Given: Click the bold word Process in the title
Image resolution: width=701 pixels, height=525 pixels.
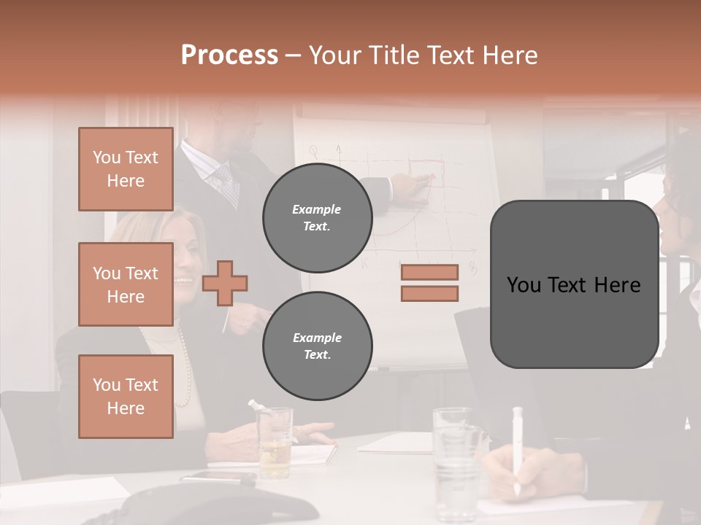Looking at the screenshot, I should [229, 55].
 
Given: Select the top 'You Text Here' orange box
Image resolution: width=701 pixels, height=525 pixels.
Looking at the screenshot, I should [126, 169].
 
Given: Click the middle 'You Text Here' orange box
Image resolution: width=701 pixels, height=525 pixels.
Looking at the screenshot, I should [126, 284].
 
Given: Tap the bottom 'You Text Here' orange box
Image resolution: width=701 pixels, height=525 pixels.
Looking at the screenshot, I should [126, 396].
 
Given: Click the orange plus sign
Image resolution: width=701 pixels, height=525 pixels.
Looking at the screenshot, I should [224, 282].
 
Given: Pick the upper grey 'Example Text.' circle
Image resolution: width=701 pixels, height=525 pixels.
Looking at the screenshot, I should [317, 217].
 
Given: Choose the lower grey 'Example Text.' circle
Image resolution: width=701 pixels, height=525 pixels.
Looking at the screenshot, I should [317, 346].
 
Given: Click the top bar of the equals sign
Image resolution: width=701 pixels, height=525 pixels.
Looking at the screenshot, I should [429, 272].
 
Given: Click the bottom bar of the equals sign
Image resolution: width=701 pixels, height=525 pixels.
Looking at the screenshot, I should [429, 294].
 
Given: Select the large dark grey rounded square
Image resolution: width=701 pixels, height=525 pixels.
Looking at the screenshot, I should [574, 284].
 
